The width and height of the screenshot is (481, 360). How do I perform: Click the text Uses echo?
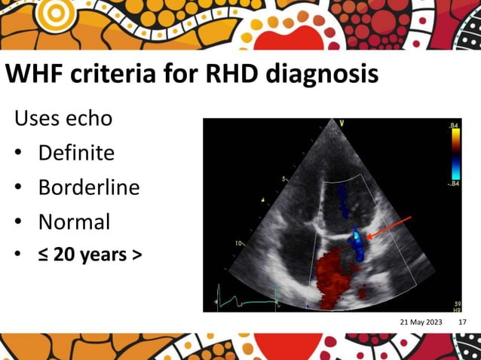[63, 118]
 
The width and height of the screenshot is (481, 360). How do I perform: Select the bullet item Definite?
[77, 153]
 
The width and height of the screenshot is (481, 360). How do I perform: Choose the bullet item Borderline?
[89, 187]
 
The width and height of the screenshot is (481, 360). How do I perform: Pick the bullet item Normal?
[74, 221]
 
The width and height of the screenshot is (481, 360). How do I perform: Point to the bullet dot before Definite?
[18, 154]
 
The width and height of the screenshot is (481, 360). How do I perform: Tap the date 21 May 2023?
[421, 322]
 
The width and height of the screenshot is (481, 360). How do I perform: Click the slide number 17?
[462, 322]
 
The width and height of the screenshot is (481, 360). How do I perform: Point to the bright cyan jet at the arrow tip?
[356, 240]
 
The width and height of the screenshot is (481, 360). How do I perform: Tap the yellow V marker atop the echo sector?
[342, 123]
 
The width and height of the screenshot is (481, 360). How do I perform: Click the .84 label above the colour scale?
[453, 125]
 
